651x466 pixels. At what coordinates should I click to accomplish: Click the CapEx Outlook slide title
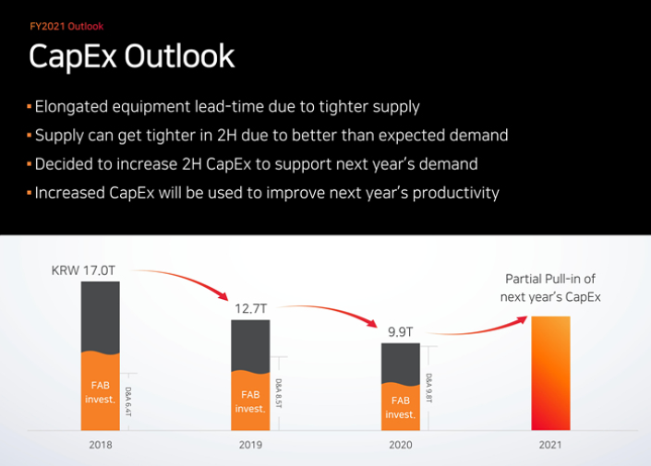tap(131, 57)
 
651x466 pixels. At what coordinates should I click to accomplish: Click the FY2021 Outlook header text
tap(66, 27)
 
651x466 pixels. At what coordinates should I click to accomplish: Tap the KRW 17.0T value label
tap(90, 271)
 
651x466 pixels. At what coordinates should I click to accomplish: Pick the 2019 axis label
tap(249, 444)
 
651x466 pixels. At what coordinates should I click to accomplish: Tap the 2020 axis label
tap(400, 444)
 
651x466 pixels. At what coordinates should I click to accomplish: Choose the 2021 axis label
tap(550, 444)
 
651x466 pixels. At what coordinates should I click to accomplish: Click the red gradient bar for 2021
tap(550, 374)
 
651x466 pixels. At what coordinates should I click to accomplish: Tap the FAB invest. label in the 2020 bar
tap(400, 408)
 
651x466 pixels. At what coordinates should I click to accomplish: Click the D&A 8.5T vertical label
tap(279, 393)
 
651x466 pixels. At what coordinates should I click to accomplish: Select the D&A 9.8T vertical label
tap(429, 388)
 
